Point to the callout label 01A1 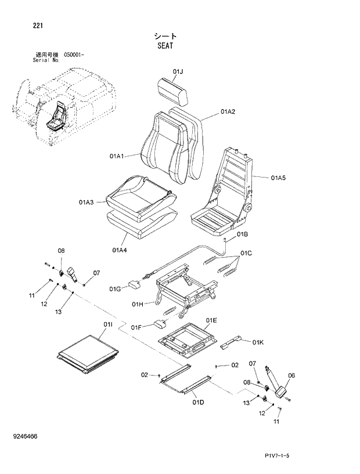pyautogui.click(x=117, y=156)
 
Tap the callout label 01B pyautogui.click(x=243, y=234)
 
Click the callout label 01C pyautogui.click(x=247, y=253)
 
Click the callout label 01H pyautogui.click(x=138, y=303)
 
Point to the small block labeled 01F pyautogui.click(x=160, y=323)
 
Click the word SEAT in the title pyautogui.click(x=165, y=45)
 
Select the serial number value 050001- pyautogui.click(x=74, y=55)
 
